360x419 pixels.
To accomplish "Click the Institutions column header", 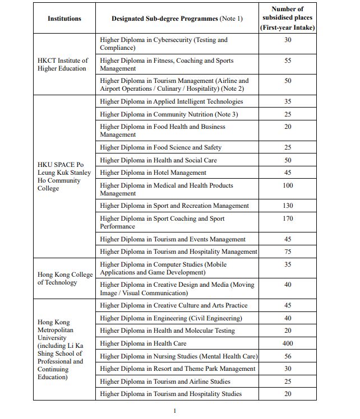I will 64,18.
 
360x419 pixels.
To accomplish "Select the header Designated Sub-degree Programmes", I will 177,18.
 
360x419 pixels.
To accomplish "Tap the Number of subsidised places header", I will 287,18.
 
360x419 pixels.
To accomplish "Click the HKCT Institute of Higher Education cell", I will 63,64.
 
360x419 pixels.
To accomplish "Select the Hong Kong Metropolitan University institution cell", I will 61,350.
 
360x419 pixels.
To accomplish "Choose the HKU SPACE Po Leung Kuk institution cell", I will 63,176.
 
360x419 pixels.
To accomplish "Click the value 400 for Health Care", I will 288,343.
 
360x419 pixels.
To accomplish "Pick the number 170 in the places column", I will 288,218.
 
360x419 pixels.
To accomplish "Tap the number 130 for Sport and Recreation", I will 288,206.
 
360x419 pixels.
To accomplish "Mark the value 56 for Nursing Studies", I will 288,356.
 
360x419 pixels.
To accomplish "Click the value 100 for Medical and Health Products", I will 288,185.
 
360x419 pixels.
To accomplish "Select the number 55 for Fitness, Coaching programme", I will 288,60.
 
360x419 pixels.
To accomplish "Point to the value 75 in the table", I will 288,252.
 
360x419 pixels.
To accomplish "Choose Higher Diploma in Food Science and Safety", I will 160,147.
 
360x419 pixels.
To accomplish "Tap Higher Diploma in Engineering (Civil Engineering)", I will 171,318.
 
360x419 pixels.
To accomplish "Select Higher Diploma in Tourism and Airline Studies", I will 165,381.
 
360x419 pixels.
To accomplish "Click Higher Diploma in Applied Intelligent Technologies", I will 172,101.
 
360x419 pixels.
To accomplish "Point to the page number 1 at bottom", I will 174,411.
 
